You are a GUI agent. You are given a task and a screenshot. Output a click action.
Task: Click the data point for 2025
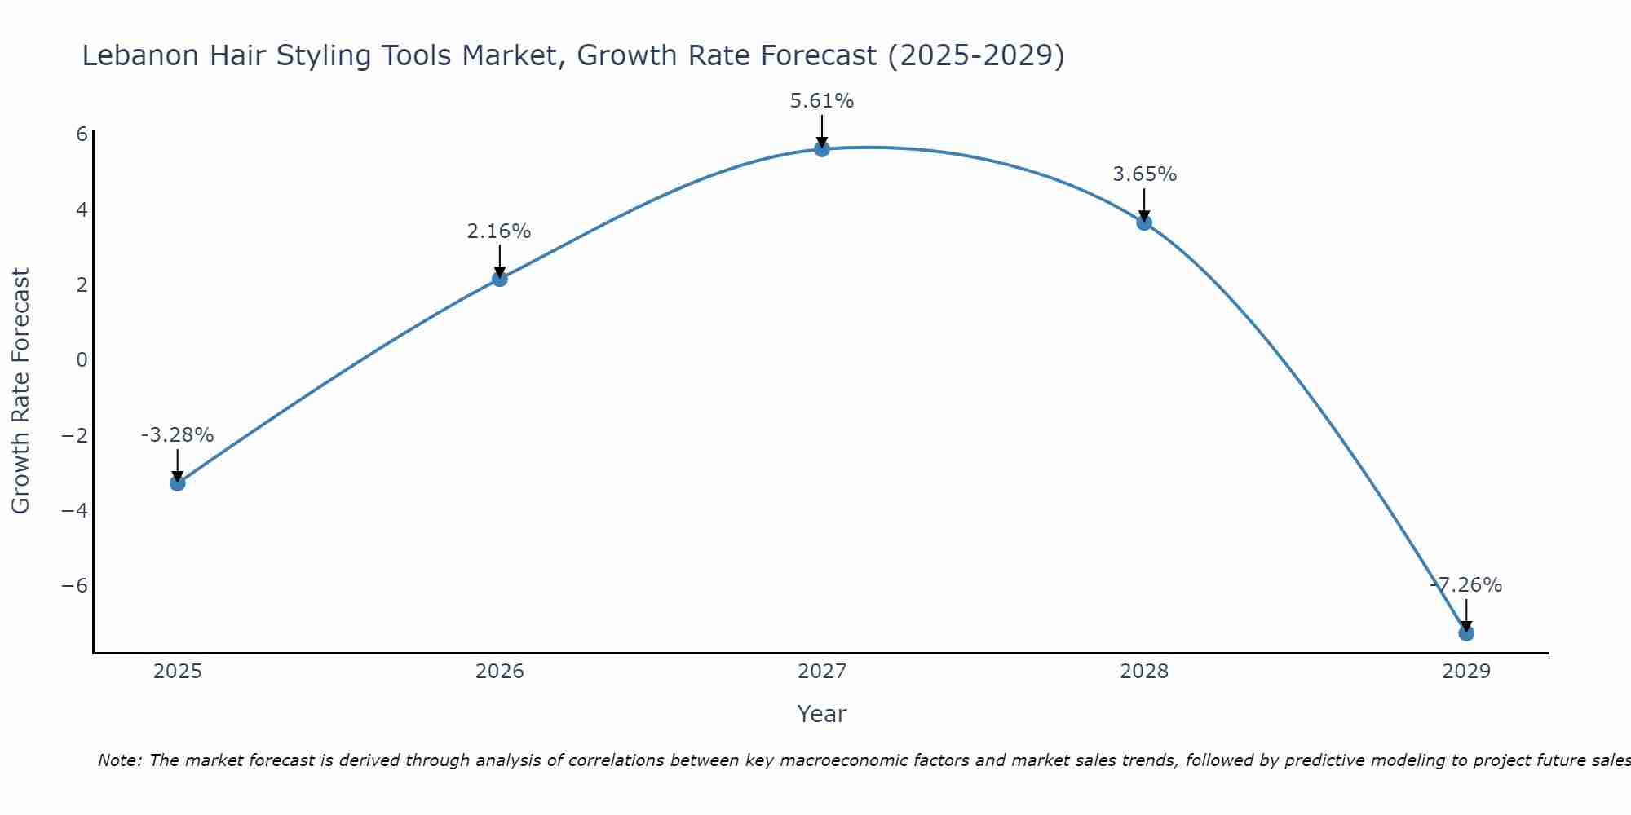178,483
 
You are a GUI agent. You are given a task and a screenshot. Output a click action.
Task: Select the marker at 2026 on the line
500,279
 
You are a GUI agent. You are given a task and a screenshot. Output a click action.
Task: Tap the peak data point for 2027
822,149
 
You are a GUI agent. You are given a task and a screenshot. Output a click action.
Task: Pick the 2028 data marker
1144,222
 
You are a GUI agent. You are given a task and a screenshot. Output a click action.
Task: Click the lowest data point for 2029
1466,633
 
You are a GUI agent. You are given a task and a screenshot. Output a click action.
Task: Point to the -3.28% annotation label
177,435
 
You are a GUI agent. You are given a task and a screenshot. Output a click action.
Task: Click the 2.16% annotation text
499,231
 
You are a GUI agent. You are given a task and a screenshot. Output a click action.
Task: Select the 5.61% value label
822,101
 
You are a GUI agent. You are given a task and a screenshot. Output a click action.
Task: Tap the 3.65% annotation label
1144,174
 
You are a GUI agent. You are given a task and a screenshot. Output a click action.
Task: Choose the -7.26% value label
1466,585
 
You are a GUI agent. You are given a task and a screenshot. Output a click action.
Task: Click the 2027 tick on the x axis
822,672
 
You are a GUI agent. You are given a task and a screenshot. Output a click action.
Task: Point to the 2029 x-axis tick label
1466,672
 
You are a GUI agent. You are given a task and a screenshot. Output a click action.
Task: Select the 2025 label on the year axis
178,672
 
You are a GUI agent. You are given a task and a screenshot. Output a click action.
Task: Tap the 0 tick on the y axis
82,359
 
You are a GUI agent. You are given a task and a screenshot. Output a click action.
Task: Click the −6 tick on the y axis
75,586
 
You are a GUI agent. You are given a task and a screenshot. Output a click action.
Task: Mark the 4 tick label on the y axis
82,209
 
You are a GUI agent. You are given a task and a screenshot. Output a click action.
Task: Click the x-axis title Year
822,714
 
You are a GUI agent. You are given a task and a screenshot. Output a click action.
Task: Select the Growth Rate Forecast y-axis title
21,391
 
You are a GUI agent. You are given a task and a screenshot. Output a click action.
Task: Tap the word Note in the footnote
119,760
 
